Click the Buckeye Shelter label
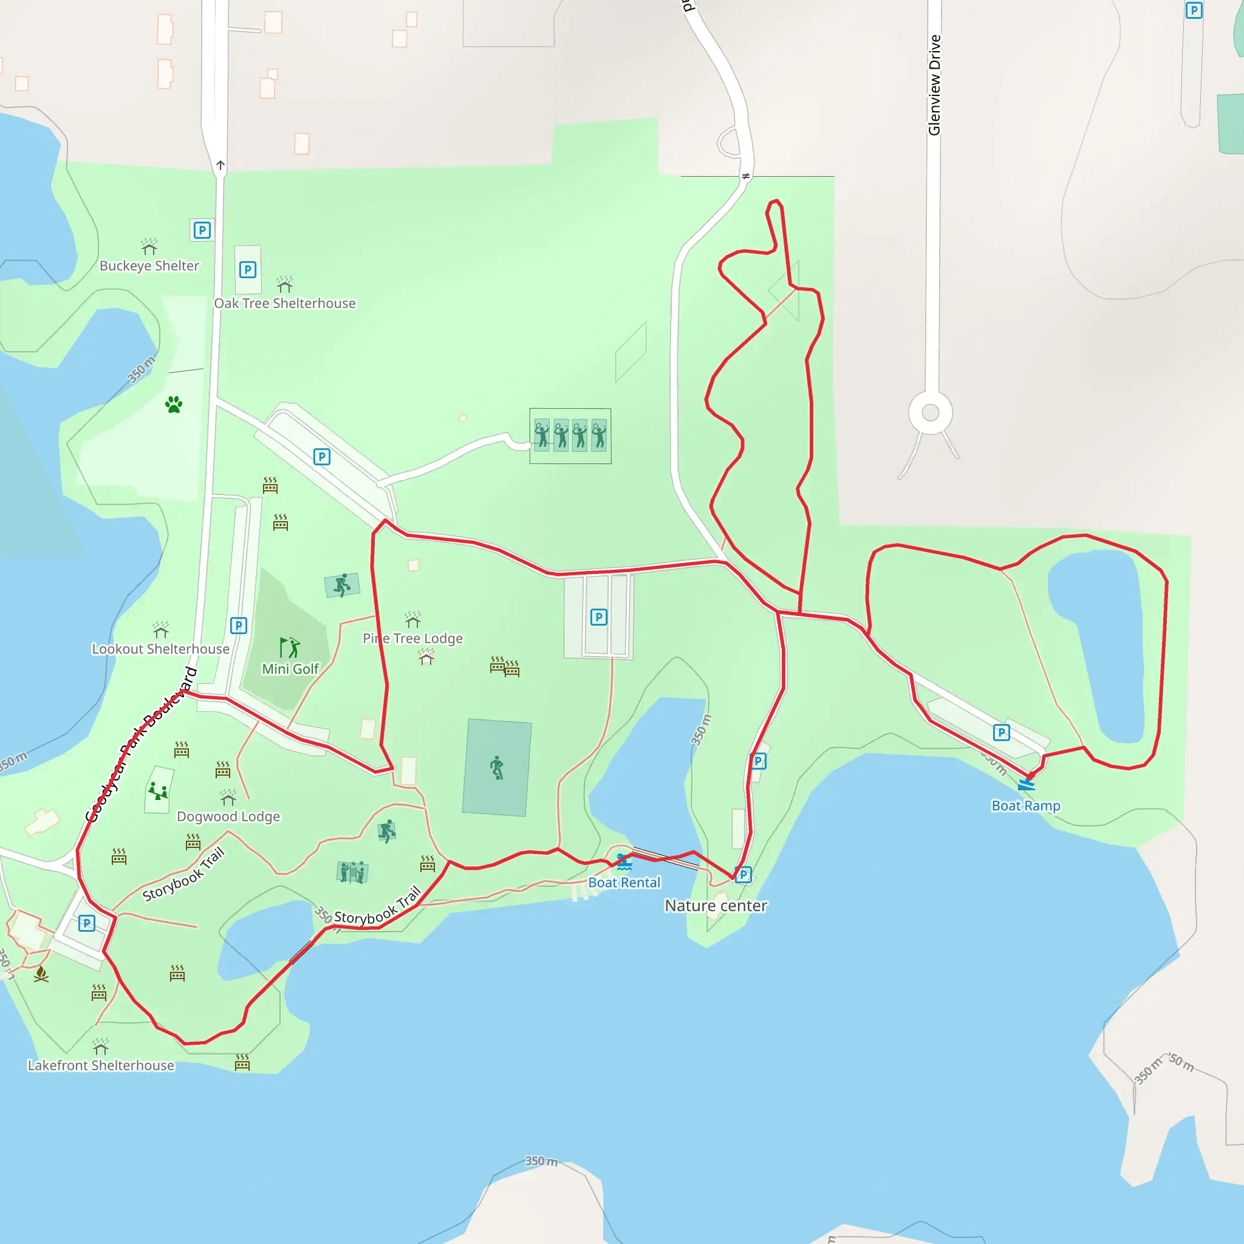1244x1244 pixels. (149, 266)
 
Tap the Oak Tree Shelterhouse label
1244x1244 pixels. (285, 303)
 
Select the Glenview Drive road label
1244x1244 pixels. (934, 85)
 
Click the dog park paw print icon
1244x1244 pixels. (173, 405)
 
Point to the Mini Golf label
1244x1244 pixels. (290, 669)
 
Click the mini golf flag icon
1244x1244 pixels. (289, 646)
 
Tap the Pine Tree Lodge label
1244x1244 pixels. (412, 638)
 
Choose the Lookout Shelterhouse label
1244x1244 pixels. (160, 649)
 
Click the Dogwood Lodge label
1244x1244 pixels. (228, 816)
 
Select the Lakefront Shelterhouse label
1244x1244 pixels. (100, 1065)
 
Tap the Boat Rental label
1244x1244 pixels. (624, 883)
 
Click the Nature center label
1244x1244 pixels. (716, 906)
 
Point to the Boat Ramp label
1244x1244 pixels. (1026, 806)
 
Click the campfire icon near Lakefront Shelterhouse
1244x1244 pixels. (41, 974)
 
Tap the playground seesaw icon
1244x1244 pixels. (158, 790)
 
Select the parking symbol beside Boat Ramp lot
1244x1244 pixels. (1001, 732)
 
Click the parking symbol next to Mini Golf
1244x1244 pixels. (238, 625)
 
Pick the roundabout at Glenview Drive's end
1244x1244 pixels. (931, 412)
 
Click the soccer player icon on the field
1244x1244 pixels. (496, 768)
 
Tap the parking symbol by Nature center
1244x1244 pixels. (743, 875)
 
